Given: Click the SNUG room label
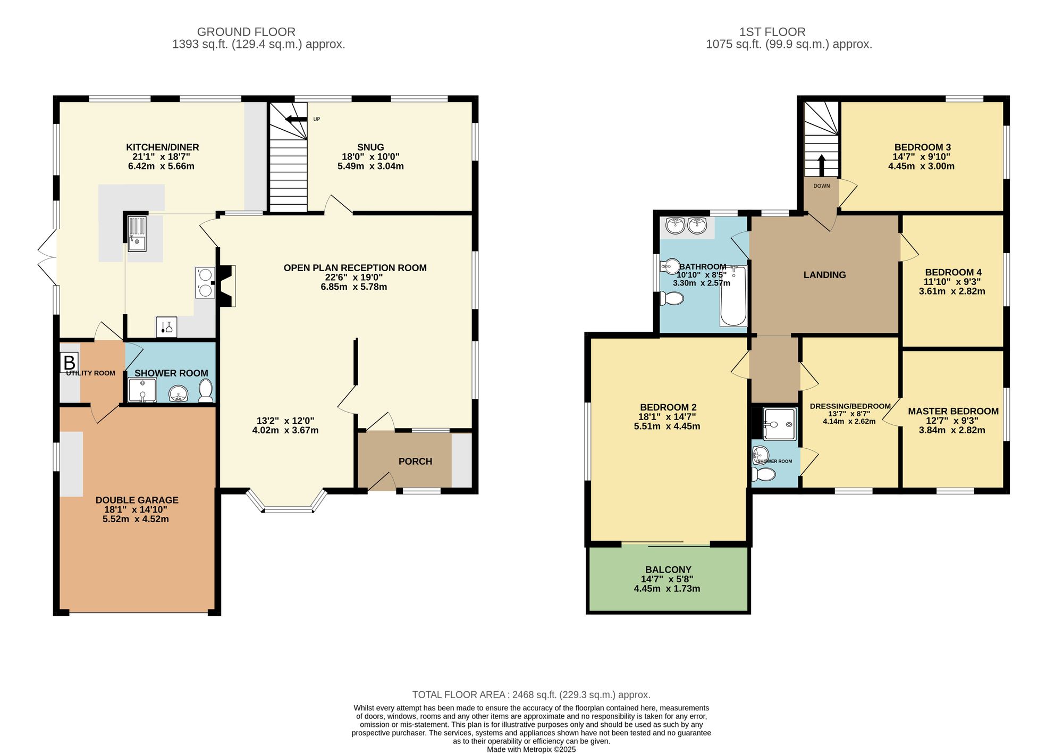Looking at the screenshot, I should [370, 147].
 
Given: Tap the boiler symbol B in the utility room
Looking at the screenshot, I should [70, 363].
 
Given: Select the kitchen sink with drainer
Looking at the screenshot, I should [137, 233].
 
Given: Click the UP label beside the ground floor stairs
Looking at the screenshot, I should [317, 119].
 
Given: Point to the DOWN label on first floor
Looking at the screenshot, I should [821, 186].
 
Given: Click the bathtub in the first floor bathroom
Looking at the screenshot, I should [733, 297].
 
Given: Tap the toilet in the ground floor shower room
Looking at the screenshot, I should [206, 391].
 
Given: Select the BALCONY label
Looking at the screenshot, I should [668, 569].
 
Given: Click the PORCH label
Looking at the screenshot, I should [415, 462].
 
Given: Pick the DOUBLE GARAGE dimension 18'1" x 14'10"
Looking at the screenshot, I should [136, 509].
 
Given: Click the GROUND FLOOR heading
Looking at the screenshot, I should [246, 32].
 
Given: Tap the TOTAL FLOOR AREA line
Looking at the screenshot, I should [531, 694].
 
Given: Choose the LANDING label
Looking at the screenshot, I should [824, 275].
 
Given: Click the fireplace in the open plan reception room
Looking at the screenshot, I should [227, 286].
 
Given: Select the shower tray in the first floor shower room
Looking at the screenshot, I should [779, 424].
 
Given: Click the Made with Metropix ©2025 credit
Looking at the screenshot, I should [531, 749].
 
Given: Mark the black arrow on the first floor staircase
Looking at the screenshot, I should [821, 165].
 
